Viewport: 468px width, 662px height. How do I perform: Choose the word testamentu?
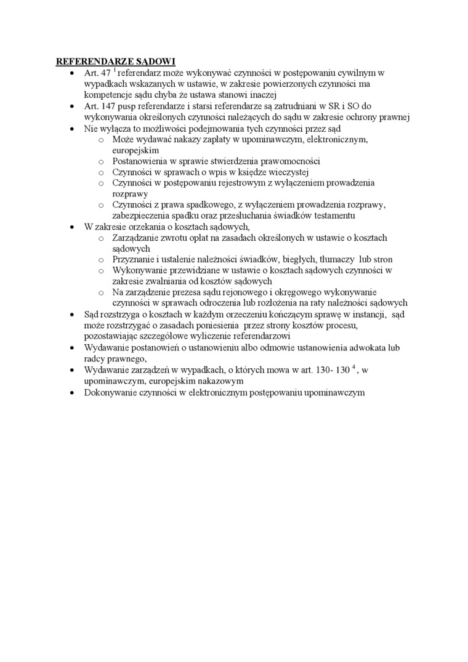[333, 216]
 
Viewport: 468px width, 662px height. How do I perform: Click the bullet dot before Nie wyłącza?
[73, 129]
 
